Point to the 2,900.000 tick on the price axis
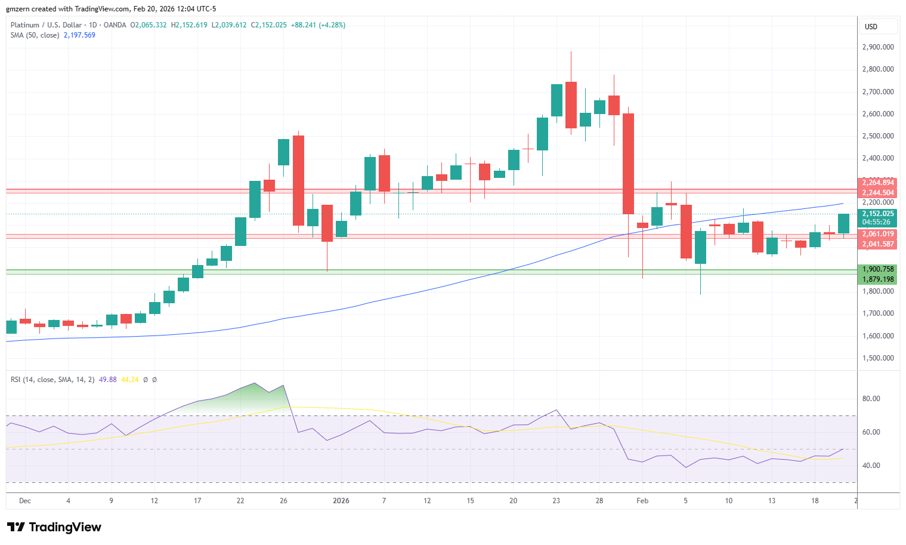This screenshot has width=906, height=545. [878, 47]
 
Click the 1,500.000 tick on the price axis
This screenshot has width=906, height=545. [878, 358]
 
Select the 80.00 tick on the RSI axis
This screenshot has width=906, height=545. [871, 398]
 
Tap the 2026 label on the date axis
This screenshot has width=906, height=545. [341, 500]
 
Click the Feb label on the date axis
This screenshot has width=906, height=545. [642, 500]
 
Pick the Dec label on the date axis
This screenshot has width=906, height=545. [25, 500]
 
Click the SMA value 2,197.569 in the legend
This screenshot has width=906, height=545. [79, 35]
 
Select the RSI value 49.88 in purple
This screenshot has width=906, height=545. [107, 380]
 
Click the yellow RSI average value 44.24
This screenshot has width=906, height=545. [129, 380]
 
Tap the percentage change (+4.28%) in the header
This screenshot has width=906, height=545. [332, 25]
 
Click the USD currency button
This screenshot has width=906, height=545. [871, 27]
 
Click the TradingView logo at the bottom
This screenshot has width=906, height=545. [54, 527]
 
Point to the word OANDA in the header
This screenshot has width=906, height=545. [115, 25]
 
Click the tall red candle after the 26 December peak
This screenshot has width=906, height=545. [298, 181]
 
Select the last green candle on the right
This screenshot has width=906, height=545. [843, 223]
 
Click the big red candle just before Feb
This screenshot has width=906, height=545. [628, 164]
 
